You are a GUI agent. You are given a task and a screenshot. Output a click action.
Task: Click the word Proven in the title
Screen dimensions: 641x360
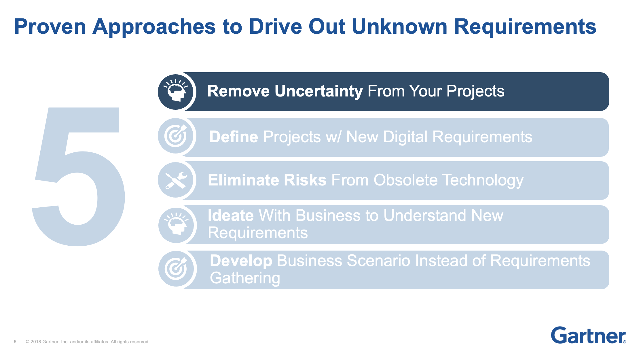(50, 26)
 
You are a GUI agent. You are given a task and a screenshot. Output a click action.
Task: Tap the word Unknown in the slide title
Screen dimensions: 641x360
(399, 26)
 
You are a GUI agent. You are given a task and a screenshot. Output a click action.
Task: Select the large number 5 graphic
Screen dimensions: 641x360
(78, 177)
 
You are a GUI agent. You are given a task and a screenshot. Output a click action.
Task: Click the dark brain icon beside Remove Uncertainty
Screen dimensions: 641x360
(176, 92)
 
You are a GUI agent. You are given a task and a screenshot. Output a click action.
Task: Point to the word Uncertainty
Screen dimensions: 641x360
(318, 91)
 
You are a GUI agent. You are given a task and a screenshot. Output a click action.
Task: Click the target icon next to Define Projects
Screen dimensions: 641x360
(176, 136)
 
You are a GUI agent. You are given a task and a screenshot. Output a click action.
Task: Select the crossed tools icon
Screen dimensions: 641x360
(176, 180)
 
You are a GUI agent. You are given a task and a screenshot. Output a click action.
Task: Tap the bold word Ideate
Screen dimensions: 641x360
(231, 215)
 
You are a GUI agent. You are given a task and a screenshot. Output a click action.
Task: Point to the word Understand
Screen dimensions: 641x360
(425, 215)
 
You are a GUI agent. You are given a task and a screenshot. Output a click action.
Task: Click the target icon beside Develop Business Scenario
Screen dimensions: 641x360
(176, 268)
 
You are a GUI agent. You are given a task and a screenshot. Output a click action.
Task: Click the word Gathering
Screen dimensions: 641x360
(245, 278)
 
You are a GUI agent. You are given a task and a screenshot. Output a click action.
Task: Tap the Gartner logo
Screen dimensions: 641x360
(588, 335)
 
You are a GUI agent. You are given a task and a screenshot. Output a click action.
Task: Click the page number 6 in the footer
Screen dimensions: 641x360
(15, 342)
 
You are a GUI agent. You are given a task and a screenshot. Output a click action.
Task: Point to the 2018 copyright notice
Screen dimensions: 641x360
(88, 342)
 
